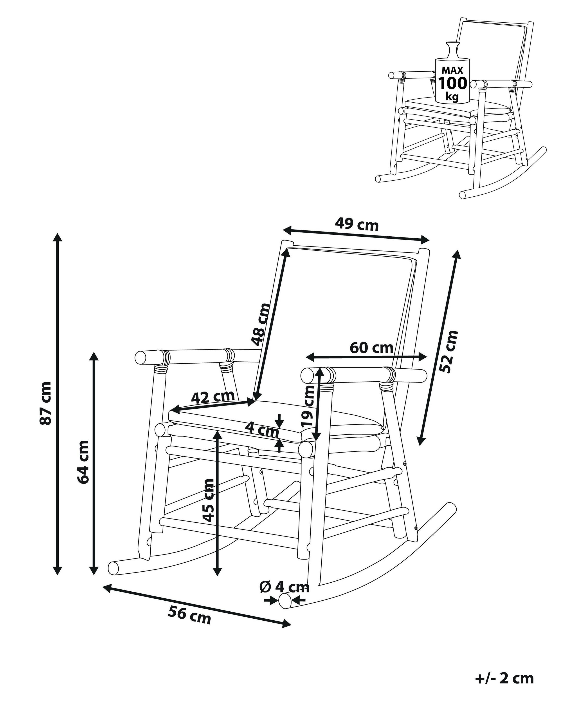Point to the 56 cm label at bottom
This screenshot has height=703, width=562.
tap(190, 613)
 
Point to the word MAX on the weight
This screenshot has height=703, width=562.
tap(452, 70)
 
